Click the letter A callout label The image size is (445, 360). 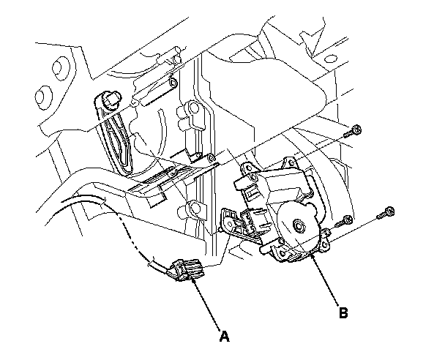[x=224, y=337]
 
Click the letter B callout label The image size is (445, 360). [x=343, y=313]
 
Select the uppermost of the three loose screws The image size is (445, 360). [x=353, y=131]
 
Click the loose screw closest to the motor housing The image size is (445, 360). [x=344, y=221]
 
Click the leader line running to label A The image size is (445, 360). [x=206, y=304]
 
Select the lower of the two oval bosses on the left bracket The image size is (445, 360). [x=43, y=97]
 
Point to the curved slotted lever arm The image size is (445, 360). [x=115, y=133]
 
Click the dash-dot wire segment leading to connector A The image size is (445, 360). [x=134, y=236]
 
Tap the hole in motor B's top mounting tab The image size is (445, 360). [x=291, y=163]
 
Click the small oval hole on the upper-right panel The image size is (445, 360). [x=330, y=59]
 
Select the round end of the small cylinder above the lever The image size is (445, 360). [x=173, y=83]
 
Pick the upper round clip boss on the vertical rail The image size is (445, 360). [x=194, y=108]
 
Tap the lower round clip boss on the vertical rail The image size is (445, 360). [x=195, y=209]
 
